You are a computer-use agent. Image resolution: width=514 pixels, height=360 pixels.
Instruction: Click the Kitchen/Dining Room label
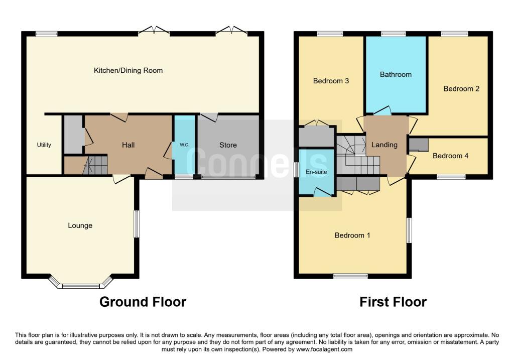point(128,70)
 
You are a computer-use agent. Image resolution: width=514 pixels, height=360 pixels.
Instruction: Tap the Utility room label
point(44,145)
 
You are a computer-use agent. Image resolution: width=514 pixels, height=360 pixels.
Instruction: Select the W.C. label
point(184,145)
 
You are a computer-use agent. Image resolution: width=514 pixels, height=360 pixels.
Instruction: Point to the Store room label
point(228,145)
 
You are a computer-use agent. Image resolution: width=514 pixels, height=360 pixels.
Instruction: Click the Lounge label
point(80,225)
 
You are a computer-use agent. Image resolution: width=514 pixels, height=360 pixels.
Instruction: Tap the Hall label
point(128,145)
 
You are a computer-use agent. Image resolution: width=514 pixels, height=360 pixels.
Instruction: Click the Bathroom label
point(396,74)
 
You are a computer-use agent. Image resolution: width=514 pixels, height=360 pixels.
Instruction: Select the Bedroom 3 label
point(331,81)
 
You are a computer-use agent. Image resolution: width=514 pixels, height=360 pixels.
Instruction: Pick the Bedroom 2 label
point(461,88)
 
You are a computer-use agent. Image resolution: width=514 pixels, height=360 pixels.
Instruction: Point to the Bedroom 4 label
point(450,156)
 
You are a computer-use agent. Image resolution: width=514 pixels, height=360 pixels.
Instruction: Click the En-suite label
point(316,172)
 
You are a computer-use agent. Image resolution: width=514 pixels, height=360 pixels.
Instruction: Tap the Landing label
point(384,145)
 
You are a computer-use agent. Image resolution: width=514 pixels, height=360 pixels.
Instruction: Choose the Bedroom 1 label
point(352,235)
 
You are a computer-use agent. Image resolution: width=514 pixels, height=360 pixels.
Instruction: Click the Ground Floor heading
point(143,302)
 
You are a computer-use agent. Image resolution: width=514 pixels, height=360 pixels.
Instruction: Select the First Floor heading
point(393,302)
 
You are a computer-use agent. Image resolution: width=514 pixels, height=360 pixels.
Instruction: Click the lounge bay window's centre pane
point(80,286)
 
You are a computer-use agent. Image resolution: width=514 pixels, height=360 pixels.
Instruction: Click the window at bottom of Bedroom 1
point(350,276)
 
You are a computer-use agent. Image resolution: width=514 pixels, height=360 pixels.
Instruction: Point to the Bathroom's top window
point(394,34)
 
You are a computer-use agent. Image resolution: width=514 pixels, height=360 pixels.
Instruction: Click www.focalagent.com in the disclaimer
point(324,349)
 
